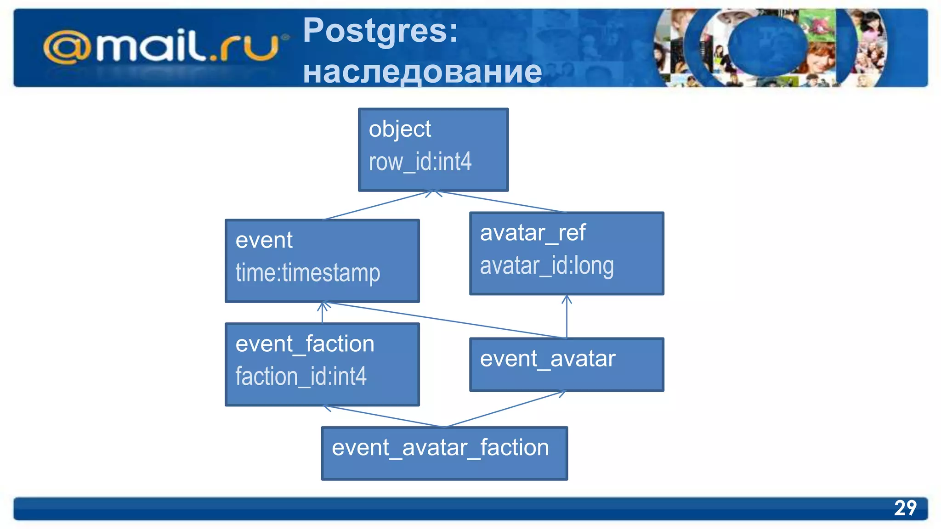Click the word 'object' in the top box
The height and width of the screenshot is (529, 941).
400,129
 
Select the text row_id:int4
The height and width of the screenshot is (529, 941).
420,162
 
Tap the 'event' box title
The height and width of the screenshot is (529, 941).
264,240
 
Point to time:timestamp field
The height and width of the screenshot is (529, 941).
307,273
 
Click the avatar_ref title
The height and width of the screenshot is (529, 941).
533,233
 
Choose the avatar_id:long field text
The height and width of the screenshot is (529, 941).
546,266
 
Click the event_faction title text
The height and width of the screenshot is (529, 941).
305,344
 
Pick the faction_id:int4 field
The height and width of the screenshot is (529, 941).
300,377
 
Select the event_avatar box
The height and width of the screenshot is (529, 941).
566,365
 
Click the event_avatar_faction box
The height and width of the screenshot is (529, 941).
444,453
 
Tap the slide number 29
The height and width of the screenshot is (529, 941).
905,508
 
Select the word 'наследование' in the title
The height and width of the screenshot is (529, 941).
422,72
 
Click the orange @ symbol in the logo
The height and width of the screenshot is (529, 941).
66,47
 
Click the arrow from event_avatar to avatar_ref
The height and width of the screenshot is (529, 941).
567,317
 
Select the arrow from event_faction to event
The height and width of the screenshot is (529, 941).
323,313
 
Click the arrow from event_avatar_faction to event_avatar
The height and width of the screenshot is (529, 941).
505,409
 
